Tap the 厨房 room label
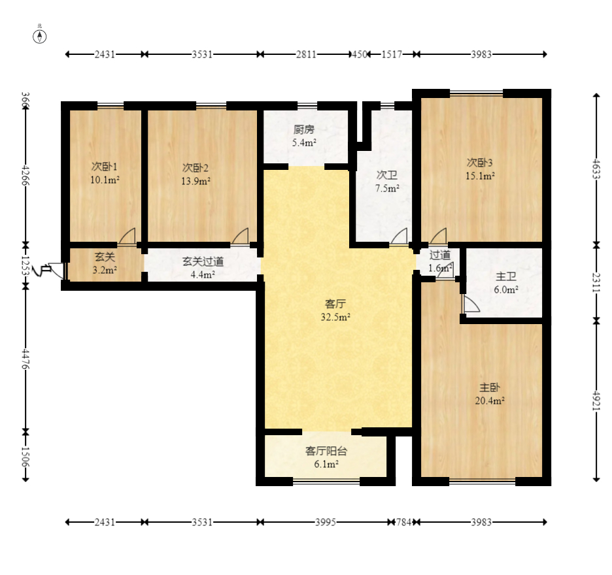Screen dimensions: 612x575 (x=303, y=129)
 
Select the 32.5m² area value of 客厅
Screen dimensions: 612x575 (x=335, y=317)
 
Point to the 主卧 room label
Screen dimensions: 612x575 (x=490, y=387)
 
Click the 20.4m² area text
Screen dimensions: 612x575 (x=490, y=401)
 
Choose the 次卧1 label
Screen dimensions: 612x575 (x=104, y=167)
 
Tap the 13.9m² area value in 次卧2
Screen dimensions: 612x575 (x=195, y=181)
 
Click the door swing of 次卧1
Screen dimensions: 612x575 (x=127, y=237)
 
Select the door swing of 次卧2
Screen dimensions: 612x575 (x=241, y=237)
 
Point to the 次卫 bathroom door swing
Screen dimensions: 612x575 (x=399, y=237)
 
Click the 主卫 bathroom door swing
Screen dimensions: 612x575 (x=471, y=303)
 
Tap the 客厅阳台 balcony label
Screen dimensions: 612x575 (x=326, y=452)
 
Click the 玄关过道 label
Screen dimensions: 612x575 (x=203, y=261)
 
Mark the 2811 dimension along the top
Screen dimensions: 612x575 (x=306, y=54)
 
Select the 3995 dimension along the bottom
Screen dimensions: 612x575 (x=326, y=522)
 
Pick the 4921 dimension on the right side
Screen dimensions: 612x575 (x=596, y=400)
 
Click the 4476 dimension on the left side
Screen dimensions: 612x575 (x=25, y=359)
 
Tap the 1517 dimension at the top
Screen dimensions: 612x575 (x=392, y=54)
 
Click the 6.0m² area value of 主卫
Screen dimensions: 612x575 (x=506, y=290)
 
